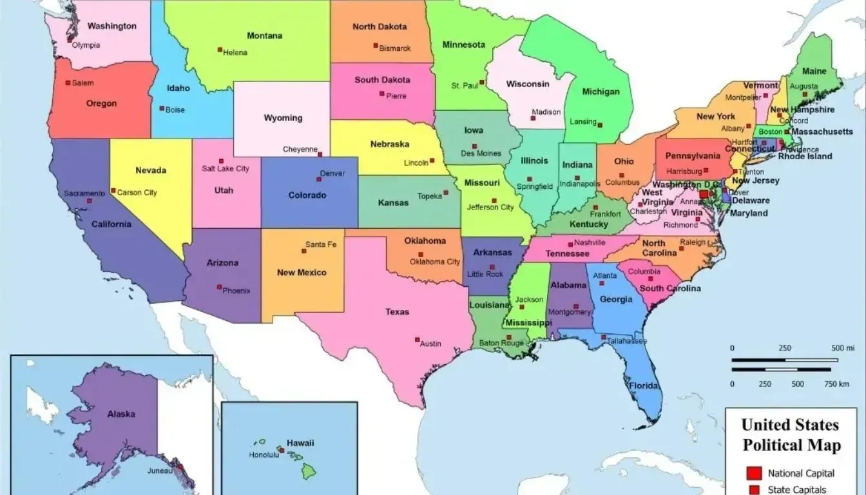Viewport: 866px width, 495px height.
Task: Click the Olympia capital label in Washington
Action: point(86,45)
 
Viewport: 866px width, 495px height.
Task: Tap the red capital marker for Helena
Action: point(220,50)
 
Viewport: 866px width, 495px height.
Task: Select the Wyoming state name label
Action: point(283,118)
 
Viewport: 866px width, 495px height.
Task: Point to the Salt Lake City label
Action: point(225,169)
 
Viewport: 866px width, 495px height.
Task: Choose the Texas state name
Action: point(397,312)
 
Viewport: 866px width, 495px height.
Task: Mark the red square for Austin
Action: point(417,340)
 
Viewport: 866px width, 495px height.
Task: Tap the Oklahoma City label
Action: point(435,262)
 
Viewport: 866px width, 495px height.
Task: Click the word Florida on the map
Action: point(644,386)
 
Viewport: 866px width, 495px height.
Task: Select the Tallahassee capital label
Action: point(626,341)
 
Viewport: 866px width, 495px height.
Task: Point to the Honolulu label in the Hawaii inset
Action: point(264,454)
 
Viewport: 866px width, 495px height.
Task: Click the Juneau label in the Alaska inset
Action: point(160,471)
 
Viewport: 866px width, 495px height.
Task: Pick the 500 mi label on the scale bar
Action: point(842,348)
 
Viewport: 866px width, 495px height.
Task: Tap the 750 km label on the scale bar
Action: point(836,384)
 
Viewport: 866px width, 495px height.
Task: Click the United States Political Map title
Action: point(791,435)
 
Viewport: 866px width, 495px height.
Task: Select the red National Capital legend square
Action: point(754,472)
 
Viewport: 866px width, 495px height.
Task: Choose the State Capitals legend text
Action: point(797,490)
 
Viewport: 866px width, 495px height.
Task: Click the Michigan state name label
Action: point(601,92)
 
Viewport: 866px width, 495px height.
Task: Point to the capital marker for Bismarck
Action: point(376,46)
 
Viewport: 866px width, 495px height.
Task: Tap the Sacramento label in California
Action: point(84,193)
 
